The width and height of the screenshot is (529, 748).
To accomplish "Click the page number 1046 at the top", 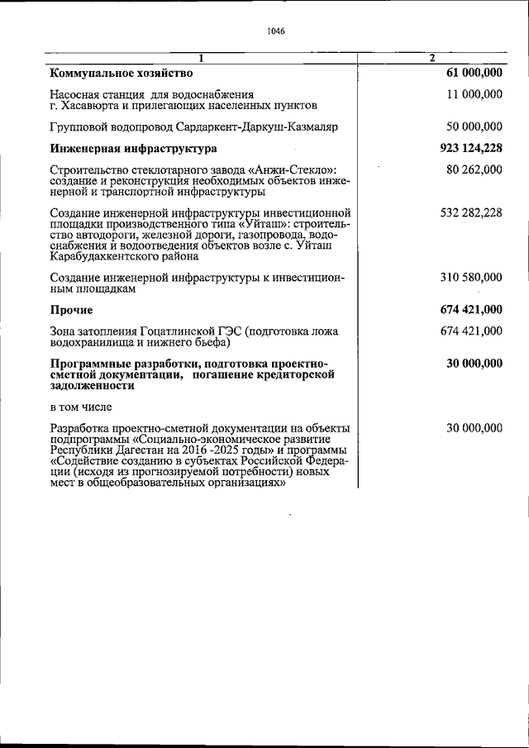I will pos(276,32).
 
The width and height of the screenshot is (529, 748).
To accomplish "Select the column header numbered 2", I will pos(431,58).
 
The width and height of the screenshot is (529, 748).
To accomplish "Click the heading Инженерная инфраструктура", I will pos(133,149).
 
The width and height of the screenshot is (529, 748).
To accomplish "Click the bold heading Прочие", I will pos(71,310).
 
